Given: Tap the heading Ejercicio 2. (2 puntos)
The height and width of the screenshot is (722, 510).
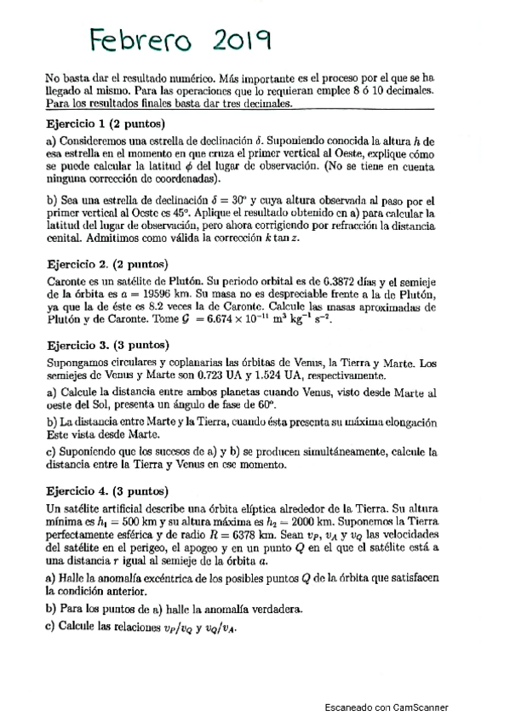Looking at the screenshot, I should [x=106, y=266].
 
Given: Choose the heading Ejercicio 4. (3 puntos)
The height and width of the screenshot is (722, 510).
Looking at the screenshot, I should [x=106, y=492].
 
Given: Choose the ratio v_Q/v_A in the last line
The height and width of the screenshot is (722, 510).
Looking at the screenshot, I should [x=219, y=629].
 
